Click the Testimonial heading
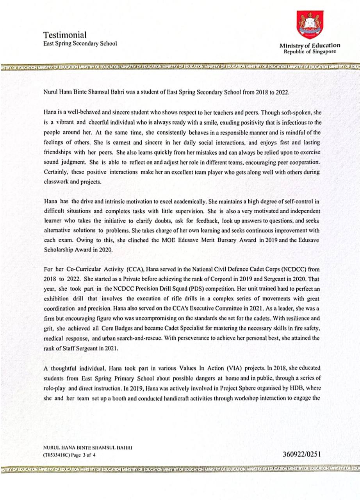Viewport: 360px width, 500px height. pyautogui.click(x=65, y=35)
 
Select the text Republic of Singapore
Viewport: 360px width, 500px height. pyautogui.click(x=309, y=51)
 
